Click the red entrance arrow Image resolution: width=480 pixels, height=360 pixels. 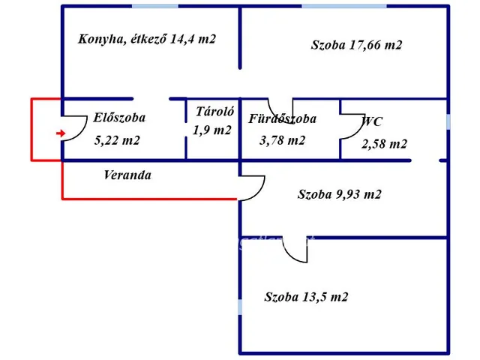point(60,133)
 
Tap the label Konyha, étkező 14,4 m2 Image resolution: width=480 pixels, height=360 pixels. point(147,38)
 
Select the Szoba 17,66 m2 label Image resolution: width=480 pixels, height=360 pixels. point(356,45)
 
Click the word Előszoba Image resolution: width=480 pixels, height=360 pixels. point(119,117)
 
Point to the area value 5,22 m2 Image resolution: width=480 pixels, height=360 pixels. point(117,140)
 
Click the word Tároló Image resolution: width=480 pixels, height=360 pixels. point(215,112)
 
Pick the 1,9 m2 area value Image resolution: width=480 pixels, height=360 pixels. point(212,130)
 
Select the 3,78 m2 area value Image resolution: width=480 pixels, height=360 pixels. point(282,140)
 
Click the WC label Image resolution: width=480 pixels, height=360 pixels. point(373,121)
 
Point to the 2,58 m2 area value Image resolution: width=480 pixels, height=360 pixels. point(384,144)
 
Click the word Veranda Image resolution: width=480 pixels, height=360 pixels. point(127,175)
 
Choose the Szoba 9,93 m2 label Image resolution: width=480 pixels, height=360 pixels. point(340,195)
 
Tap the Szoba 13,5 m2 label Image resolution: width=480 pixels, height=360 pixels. point(306,297)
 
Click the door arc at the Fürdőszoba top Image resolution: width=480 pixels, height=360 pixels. point(277,110)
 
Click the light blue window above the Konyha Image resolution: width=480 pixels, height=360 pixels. point(155,6)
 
